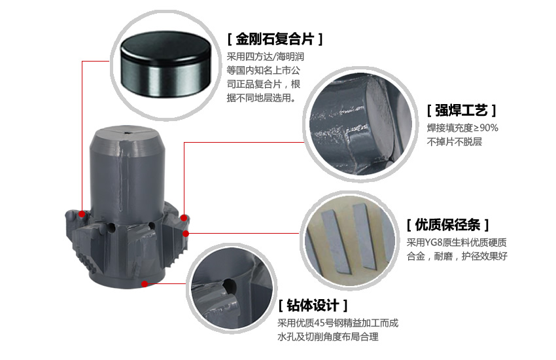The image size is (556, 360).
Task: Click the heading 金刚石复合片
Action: (x=275, y=39)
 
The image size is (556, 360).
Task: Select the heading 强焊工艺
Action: (x=461, y=111)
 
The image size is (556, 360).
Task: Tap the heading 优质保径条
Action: (x=447, y=225)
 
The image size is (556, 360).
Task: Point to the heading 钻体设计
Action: (x=313, y=306)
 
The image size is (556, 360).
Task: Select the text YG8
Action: (x=432, y=243)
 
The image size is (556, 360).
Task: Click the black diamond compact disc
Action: (x=165, y=64)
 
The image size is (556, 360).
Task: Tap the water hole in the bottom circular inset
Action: (x=229, y=285)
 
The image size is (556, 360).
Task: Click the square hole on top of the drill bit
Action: (x=127, y=133)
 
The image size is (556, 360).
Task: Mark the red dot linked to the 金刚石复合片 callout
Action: (x=82, y=214)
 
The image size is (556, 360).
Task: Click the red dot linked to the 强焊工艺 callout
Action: (x=184, y=218)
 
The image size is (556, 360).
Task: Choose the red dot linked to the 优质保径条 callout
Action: (x=186, y=234)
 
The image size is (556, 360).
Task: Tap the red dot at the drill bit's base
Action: (x=145, y=283)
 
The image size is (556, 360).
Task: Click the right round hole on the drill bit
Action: (x=151, y=226)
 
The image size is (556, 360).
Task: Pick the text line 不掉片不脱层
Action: (x=454, y=142)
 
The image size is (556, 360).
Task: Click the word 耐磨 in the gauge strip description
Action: (x=443, y=256)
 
